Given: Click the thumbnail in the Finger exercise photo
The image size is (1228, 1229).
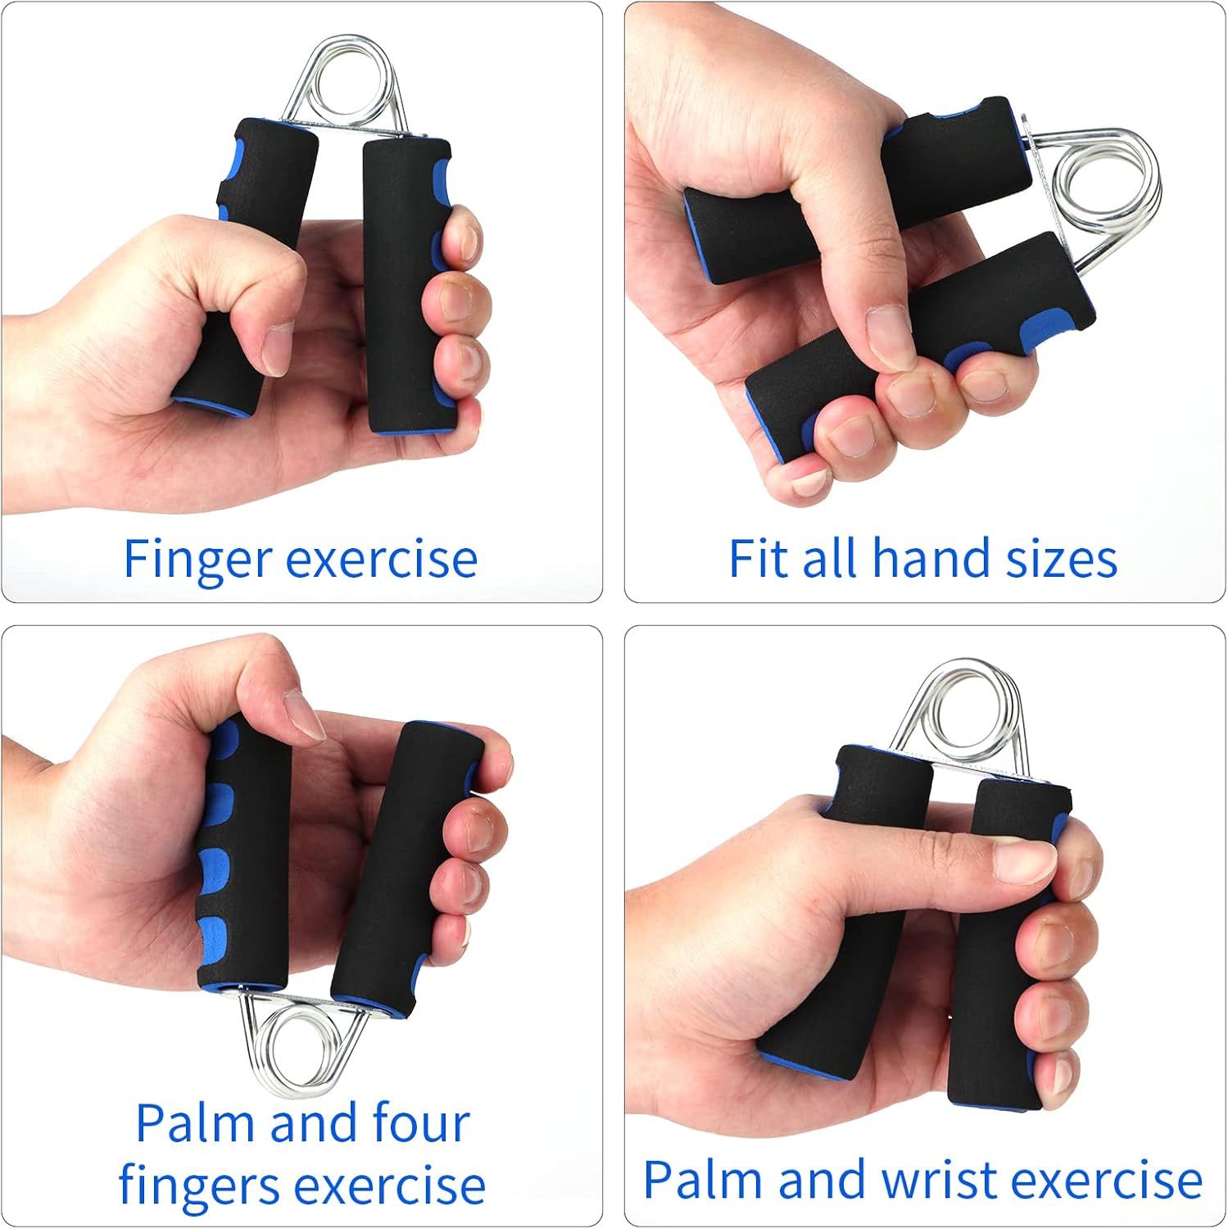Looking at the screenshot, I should click(277, 347).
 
